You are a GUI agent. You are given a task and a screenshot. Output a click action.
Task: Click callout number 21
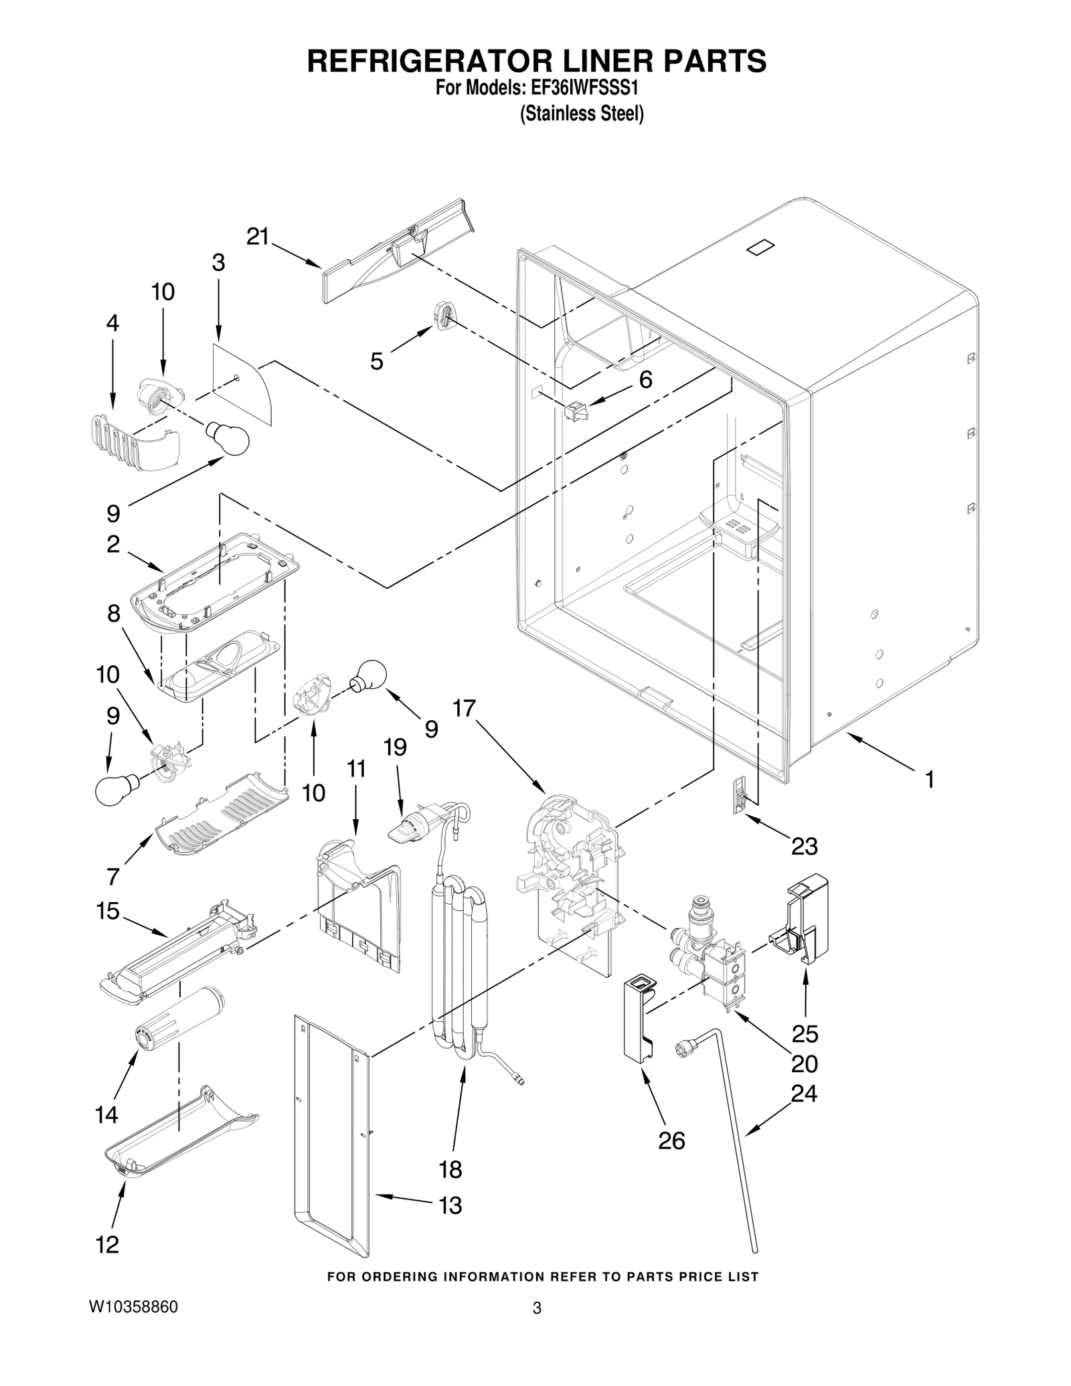coord(258,236)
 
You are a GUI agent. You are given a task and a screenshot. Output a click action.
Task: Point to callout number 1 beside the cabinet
coord(929,778)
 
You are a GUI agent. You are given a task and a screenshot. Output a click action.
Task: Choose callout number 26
coord(671,1140)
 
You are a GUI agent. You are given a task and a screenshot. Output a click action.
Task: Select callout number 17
coord(464,708)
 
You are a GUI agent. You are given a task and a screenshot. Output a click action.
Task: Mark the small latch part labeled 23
coord(739,795)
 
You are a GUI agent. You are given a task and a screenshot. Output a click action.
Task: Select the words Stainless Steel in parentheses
coord(582,114)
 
